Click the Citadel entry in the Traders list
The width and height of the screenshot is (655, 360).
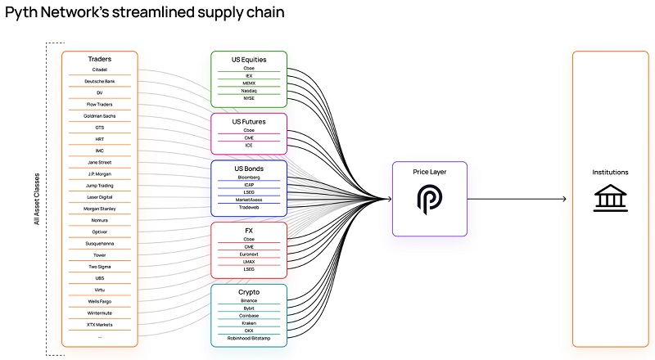tap(100, 70)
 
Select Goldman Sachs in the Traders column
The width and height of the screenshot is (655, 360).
tap(100, 116)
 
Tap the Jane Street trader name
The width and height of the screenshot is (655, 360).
tap(100, 163)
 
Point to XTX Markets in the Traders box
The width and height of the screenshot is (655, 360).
tap(100, 325)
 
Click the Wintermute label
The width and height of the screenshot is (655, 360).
tap(100, 313)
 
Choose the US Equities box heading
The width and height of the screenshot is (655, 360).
tap(249, 59)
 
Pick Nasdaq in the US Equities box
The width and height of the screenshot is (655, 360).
tap(249, 91)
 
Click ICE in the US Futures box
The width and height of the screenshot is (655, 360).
tap(249, 146)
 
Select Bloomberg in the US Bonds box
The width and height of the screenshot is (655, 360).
tap(249, 176)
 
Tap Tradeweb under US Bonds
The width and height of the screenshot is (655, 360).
tap(249, 207)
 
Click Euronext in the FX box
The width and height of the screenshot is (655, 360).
tap(249, 254)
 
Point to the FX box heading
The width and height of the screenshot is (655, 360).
tap(249, 231)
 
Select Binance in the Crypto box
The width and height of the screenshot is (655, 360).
tap(249, 301)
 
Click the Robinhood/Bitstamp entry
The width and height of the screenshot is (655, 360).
tap(249, 338)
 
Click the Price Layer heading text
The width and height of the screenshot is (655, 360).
tap(430, 172)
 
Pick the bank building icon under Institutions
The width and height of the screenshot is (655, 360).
tap(609, 199)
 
